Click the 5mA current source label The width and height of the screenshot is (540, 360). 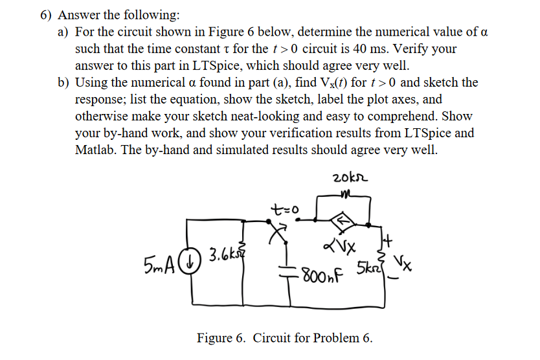(159, 265)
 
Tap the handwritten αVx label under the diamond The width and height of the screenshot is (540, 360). (337, 246)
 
